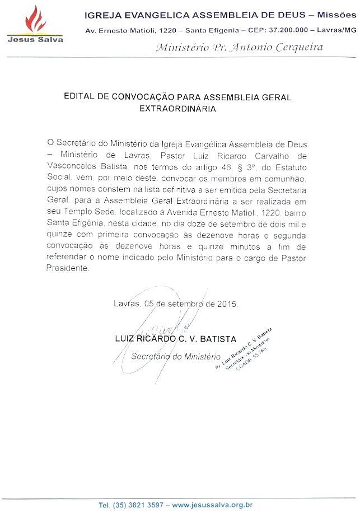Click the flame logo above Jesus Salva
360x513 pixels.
(x=34, y=20)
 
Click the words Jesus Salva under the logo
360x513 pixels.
(x=35, y=39)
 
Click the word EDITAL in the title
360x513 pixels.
(x=80, y=97)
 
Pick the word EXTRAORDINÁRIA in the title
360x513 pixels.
(x=177, y=109)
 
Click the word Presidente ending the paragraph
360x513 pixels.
(x=67, y=268)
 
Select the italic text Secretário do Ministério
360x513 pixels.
(x=175, y=356)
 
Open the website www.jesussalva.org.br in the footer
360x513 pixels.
(x=212, y=505)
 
